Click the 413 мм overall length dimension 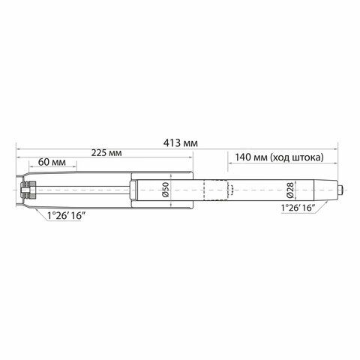click(181, 143)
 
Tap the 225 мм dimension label click(106, 152)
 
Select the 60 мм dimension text click(52, 162)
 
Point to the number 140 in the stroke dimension click(243, 157)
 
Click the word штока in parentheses click(306, 157)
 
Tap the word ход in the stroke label click(280, 157)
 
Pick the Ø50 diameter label click(166, 190)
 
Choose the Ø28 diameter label click(290, 190)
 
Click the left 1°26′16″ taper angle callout click(64, 215)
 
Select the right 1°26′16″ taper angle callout click(298, 208)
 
